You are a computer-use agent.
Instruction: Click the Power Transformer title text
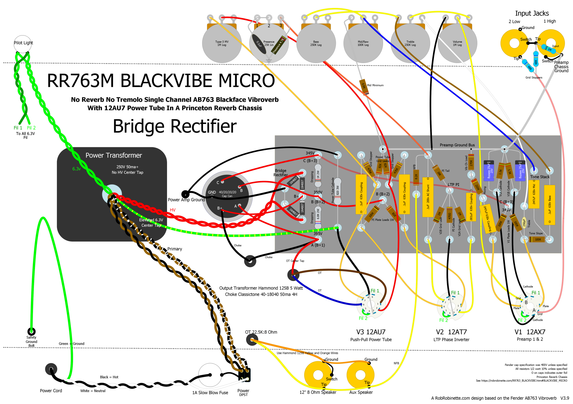click(114, 155)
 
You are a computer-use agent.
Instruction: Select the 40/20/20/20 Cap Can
click(227, 196)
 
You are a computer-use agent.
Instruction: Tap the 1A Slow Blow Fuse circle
click(210, 375)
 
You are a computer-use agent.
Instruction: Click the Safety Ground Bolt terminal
click(31, 332)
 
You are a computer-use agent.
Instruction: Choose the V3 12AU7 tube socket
click(371, 305)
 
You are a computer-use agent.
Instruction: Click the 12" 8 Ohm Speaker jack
click(318, 375)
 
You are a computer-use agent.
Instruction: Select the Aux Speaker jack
click(360, 375)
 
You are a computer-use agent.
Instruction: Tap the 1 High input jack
click(550, 43)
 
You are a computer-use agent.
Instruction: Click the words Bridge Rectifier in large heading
click(175, 126)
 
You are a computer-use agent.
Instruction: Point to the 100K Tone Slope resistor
click(537, 239)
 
